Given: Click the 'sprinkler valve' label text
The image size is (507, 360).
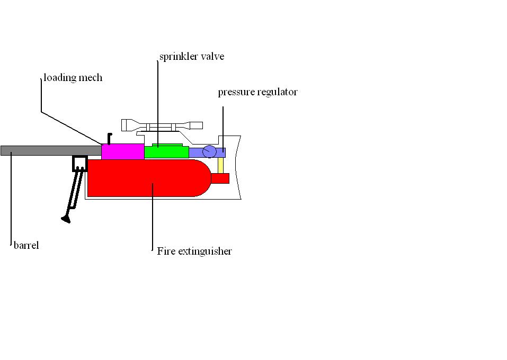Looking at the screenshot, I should point(191,57).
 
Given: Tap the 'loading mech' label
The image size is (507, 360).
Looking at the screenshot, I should point(73,78).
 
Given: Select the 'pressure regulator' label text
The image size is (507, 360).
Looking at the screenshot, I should point(257,92).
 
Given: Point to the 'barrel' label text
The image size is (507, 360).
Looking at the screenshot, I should point(26,246).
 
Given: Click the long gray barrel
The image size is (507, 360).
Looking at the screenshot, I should point(48,151).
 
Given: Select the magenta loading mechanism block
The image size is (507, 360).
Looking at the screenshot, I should point(122,151).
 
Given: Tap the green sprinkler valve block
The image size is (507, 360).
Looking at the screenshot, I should point(166,152).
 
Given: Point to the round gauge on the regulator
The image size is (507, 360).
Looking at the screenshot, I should point(209,151).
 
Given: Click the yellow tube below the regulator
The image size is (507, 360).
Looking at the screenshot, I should point(220,165).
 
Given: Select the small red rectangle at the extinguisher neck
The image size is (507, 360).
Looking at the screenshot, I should point(220,178).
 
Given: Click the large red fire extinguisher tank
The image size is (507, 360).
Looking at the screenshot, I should point(143,178).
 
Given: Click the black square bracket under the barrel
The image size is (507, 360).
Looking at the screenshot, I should point(80,164).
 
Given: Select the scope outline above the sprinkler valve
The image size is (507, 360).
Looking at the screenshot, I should point(162,126).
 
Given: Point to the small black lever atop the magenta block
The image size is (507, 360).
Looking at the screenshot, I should point(109,138).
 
